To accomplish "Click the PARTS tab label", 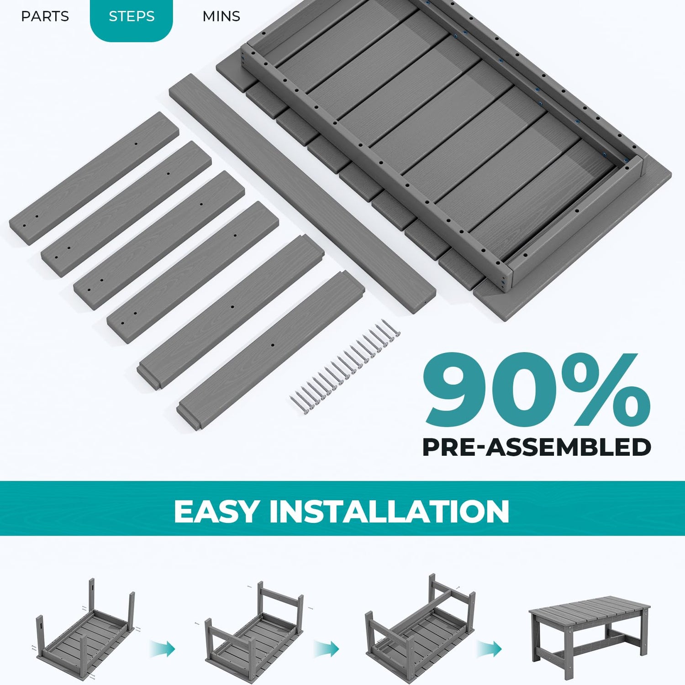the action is (x=45, y=16).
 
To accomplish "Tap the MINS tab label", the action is (x=221, y=16).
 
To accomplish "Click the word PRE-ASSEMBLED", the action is (x=537, y=447).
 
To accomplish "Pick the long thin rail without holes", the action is (x=302, y=194).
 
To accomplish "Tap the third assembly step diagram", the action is (x=420, y=628).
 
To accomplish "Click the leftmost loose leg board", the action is (x=94, y=179).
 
